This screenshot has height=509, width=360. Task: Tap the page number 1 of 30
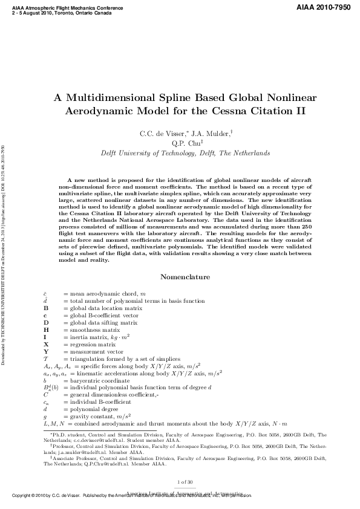point(185,481)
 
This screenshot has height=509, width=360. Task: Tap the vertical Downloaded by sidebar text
point(4,254)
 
